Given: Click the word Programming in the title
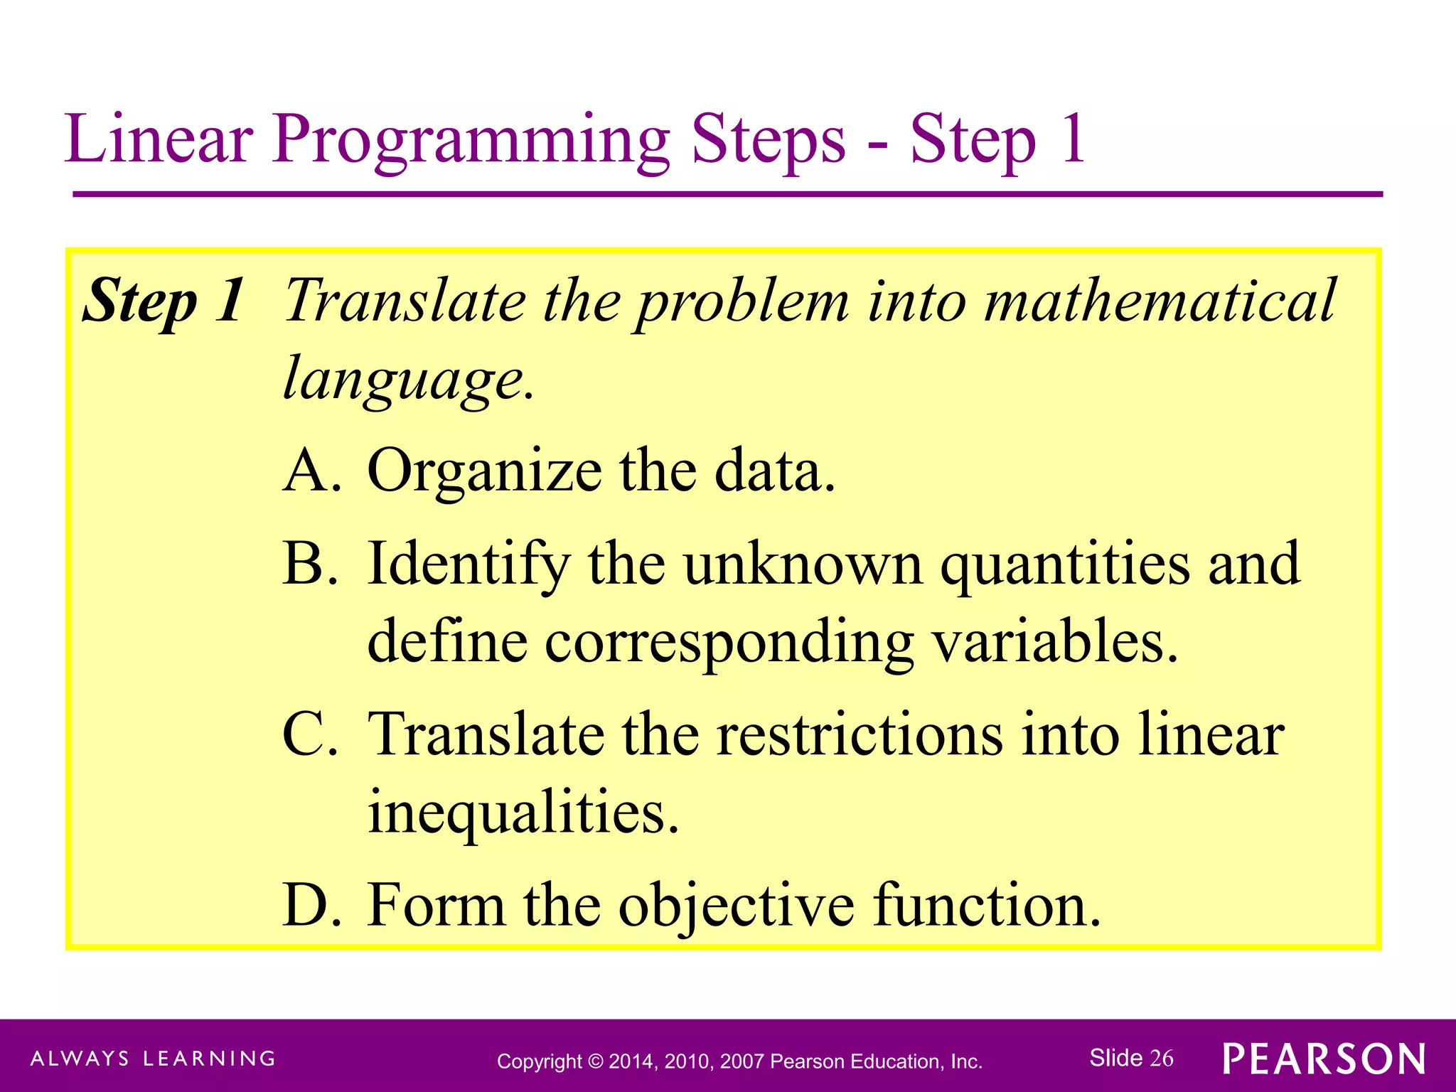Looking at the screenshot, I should (471, 140).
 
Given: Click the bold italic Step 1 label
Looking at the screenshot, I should (164, 301).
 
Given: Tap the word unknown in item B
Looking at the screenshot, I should (803, 563).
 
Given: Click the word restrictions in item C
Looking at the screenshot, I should (860, 734).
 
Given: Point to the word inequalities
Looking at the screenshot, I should (523, 812).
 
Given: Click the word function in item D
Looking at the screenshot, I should (985, 904).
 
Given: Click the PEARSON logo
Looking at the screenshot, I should (1324, 1059).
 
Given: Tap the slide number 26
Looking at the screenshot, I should (1162, 1058).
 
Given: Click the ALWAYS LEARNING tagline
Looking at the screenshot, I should (153, 1059).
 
